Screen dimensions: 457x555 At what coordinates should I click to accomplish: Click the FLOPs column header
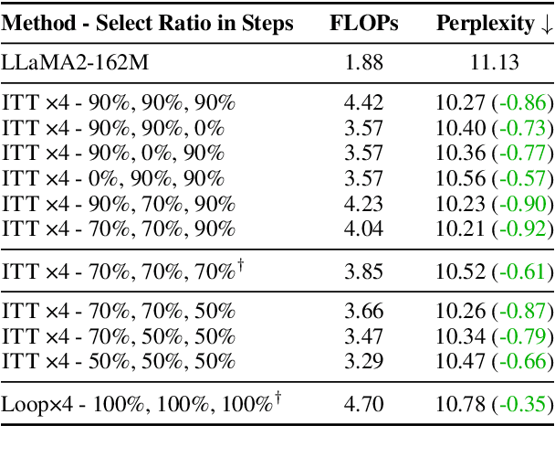(x=363, y=24)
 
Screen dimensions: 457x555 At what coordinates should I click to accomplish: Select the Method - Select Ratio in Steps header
(x=148, y=24)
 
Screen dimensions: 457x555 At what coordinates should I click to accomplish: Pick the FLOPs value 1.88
(x=363, y=63)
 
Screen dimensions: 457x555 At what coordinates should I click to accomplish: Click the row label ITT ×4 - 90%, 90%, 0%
(x=113, y=127)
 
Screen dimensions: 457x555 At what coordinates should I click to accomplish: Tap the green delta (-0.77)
(x=523, y=153)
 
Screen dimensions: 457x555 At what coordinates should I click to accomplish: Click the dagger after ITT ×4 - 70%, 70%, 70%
(x=241, y=265)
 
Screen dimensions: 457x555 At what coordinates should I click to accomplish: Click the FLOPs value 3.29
(x=363, y=362)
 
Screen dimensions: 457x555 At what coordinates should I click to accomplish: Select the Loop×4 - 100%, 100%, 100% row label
(x=137, y=403)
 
